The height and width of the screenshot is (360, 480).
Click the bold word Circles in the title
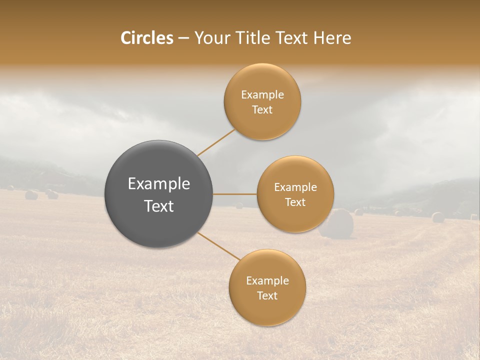147,38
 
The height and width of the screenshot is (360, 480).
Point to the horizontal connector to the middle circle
235,194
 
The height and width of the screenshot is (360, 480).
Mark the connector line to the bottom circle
218,246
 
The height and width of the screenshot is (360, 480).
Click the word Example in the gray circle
159,184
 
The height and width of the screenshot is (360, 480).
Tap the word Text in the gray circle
159,206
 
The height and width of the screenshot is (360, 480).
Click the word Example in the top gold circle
262,95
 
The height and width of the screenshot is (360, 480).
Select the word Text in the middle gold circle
295,202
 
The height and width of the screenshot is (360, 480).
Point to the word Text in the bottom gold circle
267,296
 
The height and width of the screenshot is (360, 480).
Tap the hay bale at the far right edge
438,217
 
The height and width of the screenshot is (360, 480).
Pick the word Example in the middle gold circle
295,187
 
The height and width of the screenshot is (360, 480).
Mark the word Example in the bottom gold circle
267,281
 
